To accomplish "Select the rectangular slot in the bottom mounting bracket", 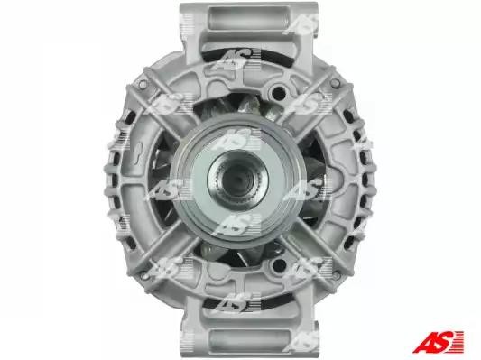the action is click(249, 340).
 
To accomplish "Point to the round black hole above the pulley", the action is click(278, 91).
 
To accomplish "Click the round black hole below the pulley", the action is click(278, 264).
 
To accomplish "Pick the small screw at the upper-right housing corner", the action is click(336, 82).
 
